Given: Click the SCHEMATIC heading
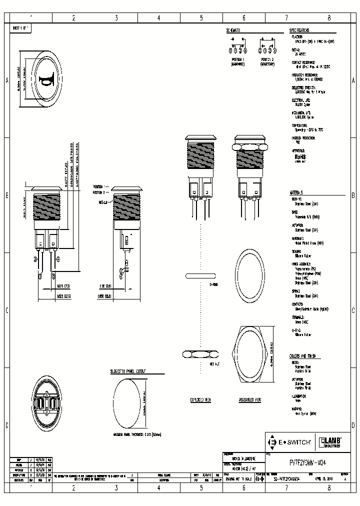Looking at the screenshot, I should pos(233,30).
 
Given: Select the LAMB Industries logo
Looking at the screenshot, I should pos(330,441).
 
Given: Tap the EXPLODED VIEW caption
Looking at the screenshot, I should pos(201,400).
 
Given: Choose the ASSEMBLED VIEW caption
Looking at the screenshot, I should pos(249,400).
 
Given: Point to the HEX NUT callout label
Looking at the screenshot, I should pos(215,364).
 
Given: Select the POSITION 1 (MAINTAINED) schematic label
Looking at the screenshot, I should pos(238,61).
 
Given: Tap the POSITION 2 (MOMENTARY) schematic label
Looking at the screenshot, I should pos(267,61).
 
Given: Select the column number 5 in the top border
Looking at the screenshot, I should pos(201,18).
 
